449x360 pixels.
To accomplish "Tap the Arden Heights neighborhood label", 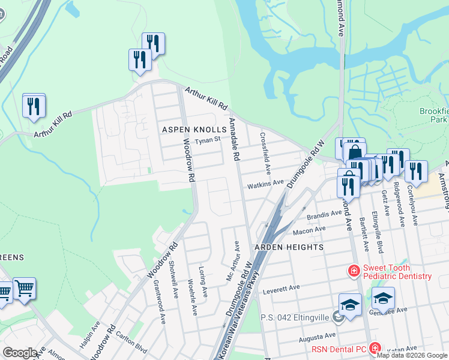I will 288,247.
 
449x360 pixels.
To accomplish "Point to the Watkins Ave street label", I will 265,182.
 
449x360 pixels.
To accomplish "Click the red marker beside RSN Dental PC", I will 375,348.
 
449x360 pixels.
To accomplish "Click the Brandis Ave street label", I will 324,214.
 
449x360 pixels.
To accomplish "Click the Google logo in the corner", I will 20,353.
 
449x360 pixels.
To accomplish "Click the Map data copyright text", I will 412,355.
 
